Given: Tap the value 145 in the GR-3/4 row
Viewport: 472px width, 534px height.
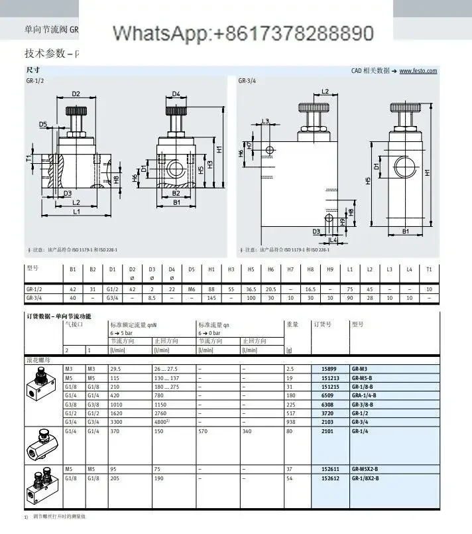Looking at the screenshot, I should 211,299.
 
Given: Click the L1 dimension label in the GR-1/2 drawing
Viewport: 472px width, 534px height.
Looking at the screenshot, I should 76,212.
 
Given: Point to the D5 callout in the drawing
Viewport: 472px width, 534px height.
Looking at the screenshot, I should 43,124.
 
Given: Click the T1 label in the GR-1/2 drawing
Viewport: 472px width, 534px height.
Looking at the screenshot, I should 29,158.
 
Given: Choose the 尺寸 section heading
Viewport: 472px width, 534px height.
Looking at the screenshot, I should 32,70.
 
